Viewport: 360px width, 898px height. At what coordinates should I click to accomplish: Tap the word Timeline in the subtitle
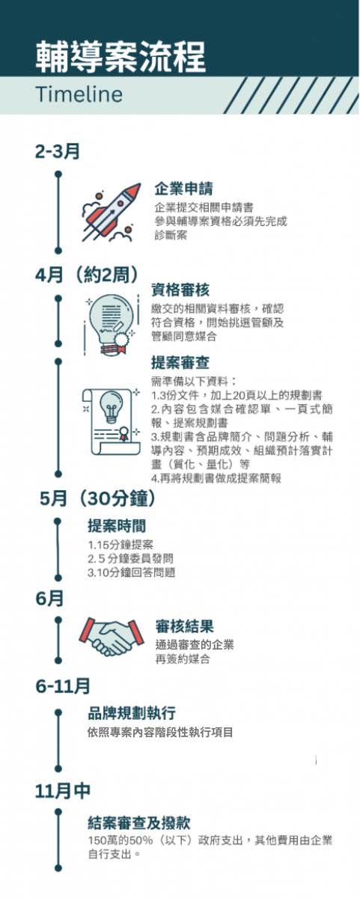click(79, 94)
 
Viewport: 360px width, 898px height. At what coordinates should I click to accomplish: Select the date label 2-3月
click(58, 151)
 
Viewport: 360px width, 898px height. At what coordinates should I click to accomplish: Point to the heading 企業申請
click(183, 189)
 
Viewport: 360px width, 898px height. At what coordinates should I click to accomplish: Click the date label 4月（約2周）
click(87, 275)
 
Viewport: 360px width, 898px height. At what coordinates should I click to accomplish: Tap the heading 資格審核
click(180, 290)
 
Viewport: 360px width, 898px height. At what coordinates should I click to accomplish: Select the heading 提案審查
click(180, 362)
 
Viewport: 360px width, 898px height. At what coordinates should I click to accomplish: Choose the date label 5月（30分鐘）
click(97, 498)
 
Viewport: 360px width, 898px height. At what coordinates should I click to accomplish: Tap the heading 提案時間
click(117, 526)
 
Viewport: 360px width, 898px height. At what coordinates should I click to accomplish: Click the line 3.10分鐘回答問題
click(132, 572)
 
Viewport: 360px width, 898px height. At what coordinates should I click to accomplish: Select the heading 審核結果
click(184, 626)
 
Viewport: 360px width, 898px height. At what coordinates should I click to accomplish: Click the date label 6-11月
click(63, 686)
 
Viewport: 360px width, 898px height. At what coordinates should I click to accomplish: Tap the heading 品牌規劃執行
click(132, 713)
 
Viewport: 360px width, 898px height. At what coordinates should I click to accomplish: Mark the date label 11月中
click(63, 791)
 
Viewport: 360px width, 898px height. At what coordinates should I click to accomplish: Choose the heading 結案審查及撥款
click(138, 823)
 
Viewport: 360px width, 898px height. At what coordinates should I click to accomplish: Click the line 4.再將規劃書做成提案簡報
click(216, 478)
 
